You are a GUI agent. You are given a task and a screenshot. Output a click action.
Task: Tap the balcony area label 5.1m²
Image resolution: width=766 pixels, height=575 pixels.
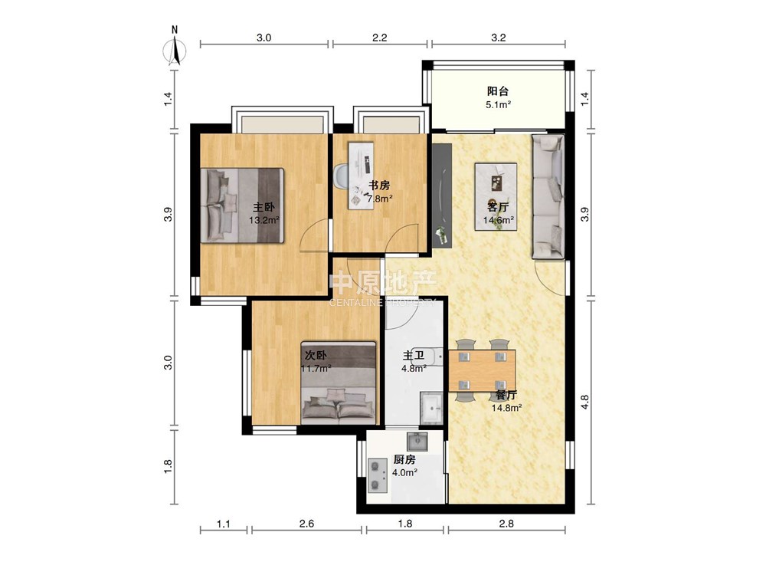[498, 104]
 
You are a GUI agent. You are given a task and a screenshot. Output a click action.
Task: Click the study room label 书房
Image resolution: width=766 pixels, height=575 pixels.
[379, 186]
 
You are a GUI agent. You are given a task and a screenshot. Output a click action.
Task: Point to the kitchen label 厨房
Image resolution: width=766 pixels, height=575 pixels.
[404, 459]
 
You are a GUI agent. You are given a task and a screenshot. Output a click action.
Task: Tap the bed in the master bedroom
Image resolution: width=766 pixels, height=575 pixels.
[242, 205]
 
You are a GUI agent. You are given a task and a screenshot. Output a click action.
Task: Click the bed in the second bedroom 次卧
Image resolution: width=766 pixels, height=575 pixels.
[339, 383]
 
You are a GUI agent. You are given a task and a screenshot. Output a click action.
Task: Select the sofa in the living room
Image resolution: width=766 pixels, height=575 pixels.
[548, 196]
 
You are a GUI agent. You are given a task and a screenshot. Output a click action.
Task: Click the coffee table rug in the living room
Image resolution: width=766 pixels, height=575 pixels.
[496, 196]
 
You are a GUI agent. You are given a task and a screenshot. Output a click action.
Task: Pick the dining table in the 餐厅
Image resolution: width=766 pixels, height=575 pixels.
[482, 371]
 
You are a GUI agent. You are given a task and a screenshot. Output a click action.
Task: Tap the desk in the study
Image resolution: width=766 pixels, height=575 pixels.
[361, 176]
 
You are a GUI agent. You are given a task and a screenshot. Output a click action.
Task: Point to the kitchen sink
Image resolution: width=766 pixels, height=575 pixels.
[417, 442]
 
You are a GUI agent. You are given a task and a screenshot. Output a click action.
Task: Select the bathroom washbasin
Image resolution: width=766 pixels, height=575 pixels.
[432, 406]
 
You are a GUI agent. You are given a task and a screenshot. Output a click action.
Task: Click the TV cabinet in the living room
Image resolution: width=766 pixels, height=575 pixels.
[442, 196]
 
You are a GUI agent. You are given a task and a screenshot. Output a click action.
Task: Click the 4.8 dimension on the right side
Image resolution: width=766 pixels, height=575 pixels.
[584, 402]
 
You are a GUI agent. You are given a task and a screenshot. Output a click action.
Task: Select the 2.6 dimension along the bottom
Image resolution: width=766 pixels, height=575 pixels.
[306, 524]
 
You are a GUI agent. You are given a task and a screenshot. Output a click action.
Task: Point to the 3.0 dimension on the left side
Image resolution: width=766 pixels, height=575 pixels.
[168, 363]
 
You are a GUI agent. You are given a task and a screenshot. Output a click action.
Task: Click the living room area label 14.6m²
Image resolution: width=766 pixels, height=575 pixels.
[499, 220]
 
